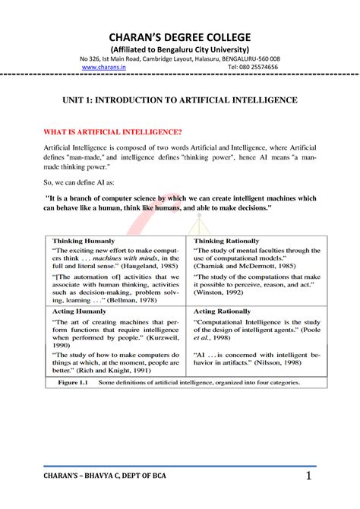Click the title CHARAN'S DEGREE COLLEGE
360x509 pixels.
[180, 38]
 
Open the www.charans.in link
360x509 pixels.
[103, 67]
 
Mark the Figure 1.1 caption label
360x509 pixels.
[74, 383]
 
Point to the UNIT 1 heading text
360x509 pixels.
[179, 100]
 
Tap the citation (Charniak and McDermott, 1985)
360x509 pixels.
[244, 266]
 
